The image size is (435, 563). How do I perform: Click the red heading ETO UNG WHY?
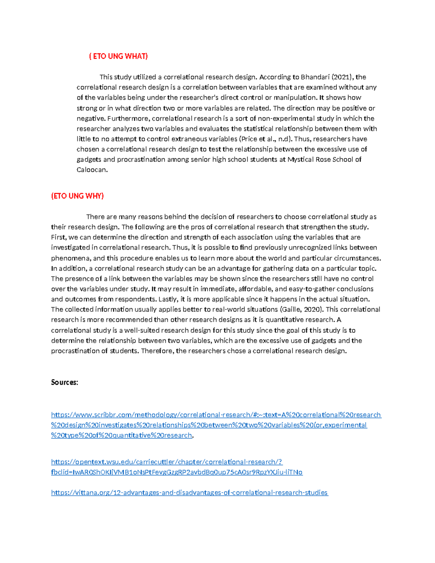(x=78, y=196)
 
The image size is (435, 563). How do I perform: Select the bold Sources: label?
(x=65, y=382)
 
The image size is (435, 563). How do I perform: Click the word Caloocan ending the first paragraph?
(x=92, y=170)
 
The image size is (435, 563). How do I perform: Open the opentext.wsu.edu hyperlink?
(x=167, y=462)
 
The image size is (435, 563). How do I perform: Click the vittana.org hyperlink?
(x=189, y=493)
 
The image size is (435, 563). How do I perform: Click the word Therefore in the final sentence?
(x=157, y=351)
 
